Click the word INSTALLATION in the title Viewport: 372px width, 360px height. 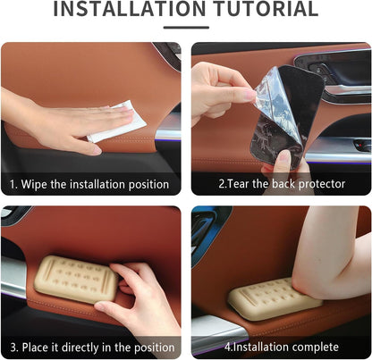[x=130, y=9]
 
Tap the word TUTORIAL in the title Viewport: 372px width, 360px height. [x=266, y=9]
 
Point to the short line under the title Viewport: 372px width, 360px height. [x=186, y=28]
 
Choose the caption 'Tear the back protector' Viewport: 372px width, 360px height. [x=282, y=184]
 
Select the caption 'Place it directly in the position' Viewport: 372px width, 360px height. [x=92, y=347]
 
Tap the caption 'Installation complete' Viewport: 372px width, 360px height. [x=282, y=347]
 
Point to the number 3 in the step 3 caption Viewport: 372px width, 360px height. [x=13, y=347]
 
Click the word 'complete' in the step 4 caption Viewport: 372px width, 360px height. [x=316, y=347]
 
